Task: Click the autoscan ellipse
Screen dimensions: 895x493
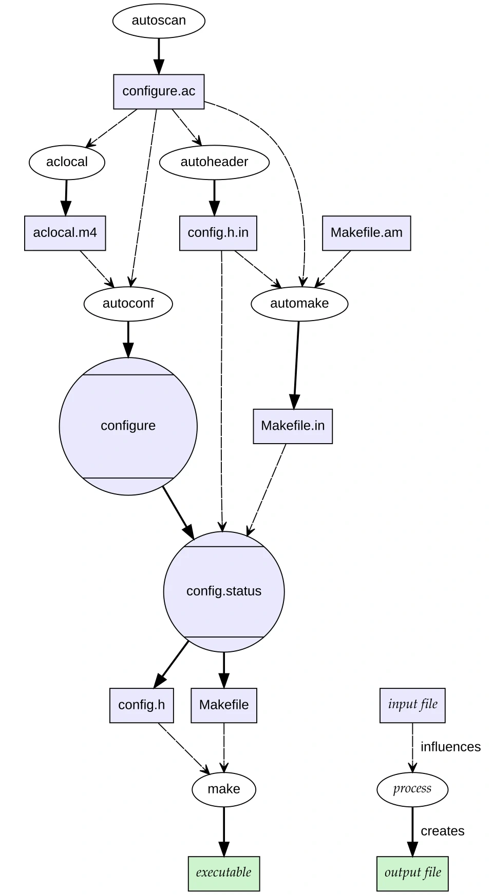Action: click(159, 21)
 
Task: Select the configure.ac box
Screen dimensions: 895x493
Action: click(159, 91)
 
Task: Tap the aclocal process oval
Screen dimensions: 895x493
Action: click(67, 162)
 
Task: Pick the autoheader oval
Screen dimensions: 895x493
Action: click(214, 162)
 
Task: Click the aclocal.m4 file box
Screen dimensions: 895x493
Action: click(65, 233)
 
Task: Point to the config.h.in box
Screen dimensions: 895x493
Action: click(218, 233)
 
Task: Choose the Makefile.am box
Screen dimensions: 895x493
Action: click(366, 233)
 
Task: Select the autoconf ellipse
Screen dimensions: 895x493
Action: click(128, 304)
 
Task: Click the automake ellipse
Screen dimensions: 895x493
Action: click(299, 304)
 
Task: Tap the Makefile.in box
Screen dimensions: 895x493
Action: click(293, 426)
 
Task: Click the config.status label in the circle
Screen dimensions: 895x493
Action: click(224, 591)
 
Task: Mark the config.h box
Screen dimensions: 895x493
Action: click(141, 705)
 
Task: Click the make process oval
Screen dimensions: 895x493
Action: click(224, 789)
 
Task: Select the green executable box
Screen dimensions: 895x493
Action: click(224, 873)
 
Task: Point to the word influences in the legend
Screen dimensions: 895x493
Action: click(450, 747)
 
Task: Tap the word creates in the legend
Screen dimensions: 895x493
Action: click(442, 831)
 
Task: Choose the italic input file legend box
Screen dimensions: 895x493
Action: click(412, 705)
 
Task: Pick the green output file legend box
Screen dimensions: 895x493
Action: click(412, 873)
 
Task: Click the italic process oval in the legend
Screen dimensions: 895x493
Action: click(412, 789)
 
